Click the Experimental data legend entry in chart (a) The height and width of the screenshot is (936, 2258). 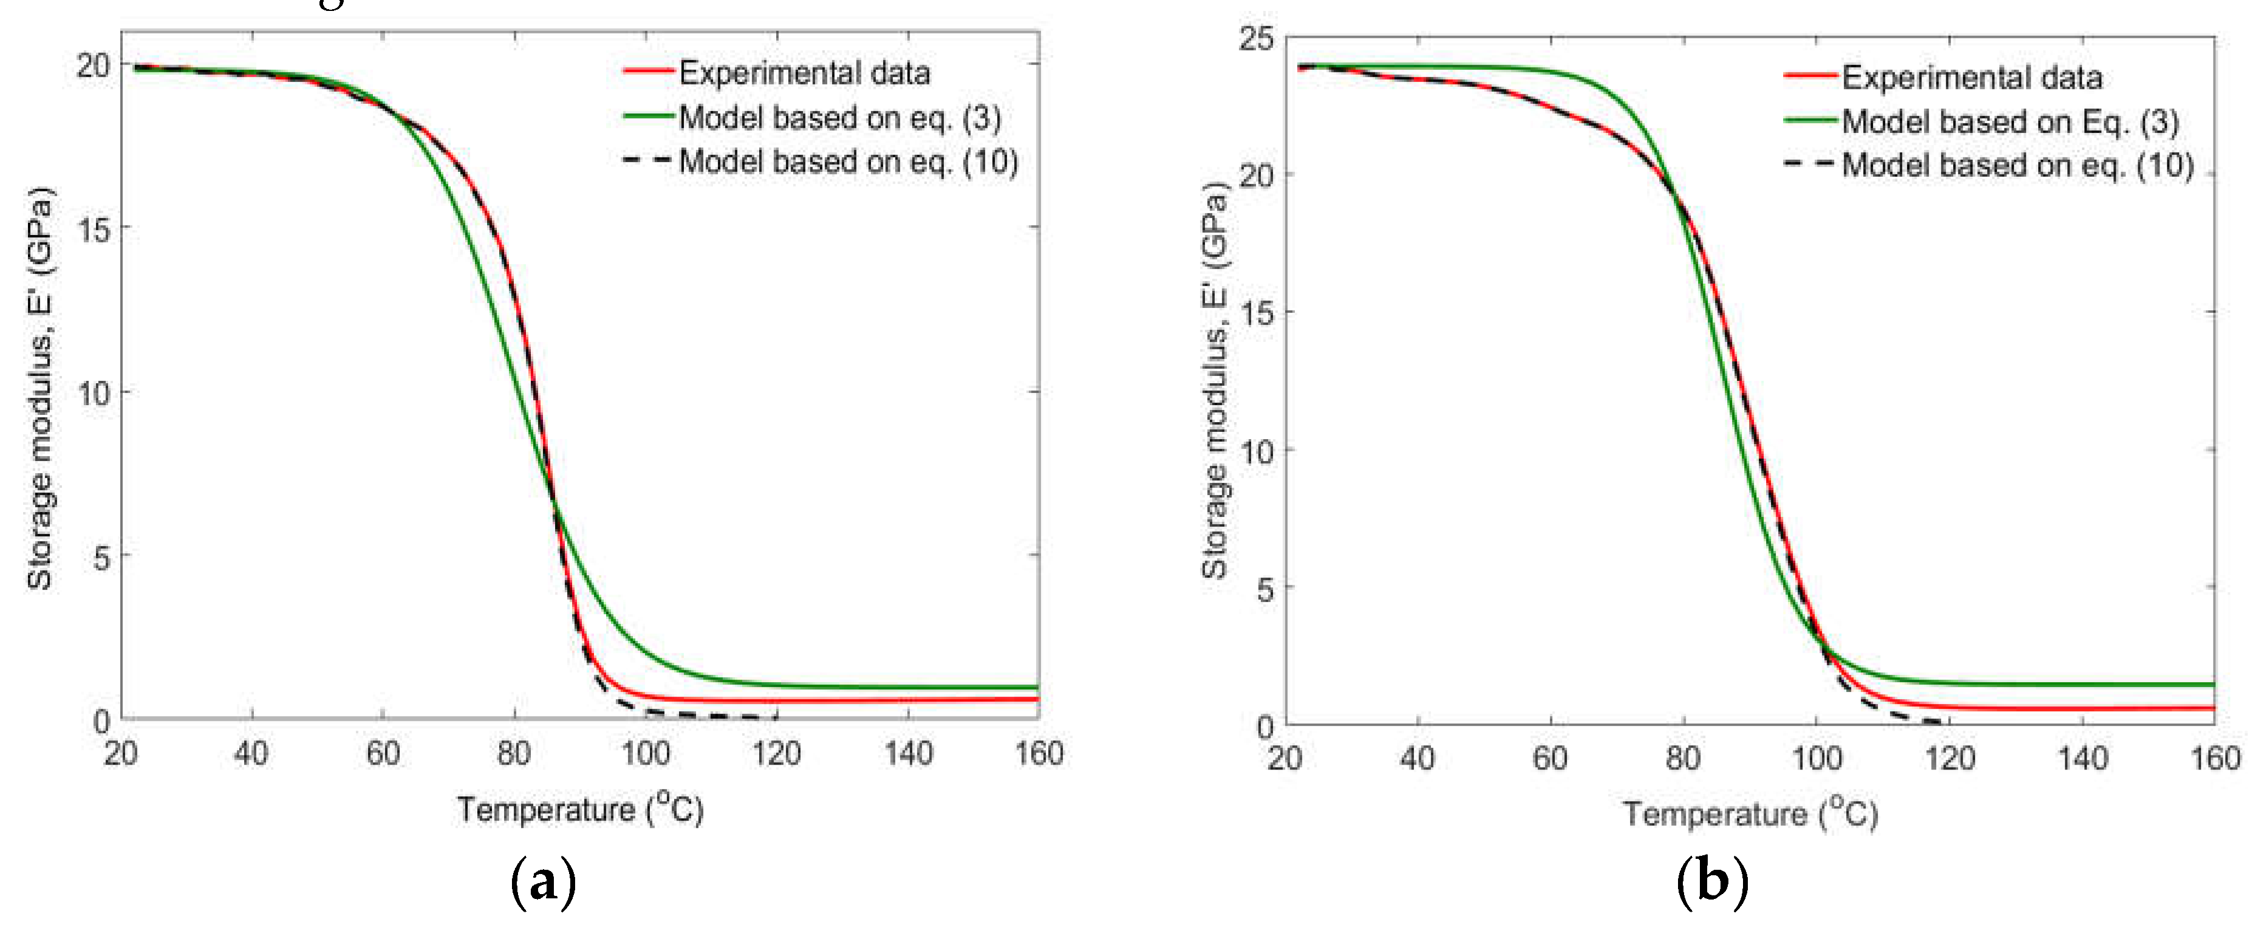click(x=804, y=73)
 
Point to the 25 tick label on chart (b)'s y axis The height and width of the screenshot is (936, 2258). click(x=1255, y=39)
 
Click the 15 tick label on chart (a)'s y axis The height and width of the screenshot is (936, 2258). click(x=94, y=230)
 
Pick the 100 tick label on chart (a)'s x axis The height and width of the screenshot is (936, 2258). click(x=645, y=753)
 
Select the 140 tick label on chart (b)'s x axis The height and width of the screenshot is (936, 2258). click(x=2082, y=757)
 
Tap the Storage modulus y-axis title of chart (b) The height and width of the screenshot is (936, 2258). click(x=1214, y=381)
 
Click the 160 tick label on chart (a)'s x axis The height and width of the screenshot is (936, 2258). click(x=1039, y=753)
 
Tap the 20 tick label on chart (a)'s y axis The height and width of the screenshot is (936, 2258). click(x=94, y=66)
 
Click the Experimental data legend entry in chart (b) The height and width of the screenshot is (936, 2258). click(x=1971, y=77)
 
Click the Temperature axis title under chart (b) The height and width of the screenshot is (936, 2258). click(x=1750, y=813)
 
